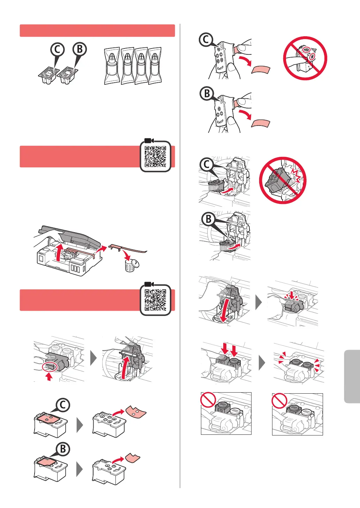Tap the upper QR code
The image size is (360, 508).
pos(156,157)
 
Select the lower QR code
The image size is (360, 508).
pos(156,300)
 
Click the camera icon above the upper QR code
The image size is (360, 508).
pos(149,141)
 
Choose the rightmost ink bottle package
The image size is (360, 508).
pos(155,66)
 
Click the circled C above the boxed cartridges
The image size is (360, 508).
pos(58,50)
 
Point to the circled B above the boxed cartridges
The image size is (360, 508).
pos(80,49)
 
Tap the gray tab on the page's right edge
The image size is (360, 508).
pos(352,377)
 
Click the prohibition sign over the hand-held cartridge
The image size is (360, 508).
pos(305,58)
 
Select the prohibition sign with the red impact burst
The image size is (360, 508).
pos(283,180)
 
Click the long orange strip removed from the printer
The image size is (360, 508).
pos(127,248)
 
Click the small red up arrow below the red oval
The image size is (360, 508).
pos(49,377)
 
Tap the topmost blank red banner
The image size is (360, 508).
pos(97,31)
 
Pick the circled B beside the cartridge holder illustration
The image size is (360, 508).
pos(209,219)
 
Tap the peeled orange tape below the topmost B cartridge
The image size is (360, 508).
pos(261,123)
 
